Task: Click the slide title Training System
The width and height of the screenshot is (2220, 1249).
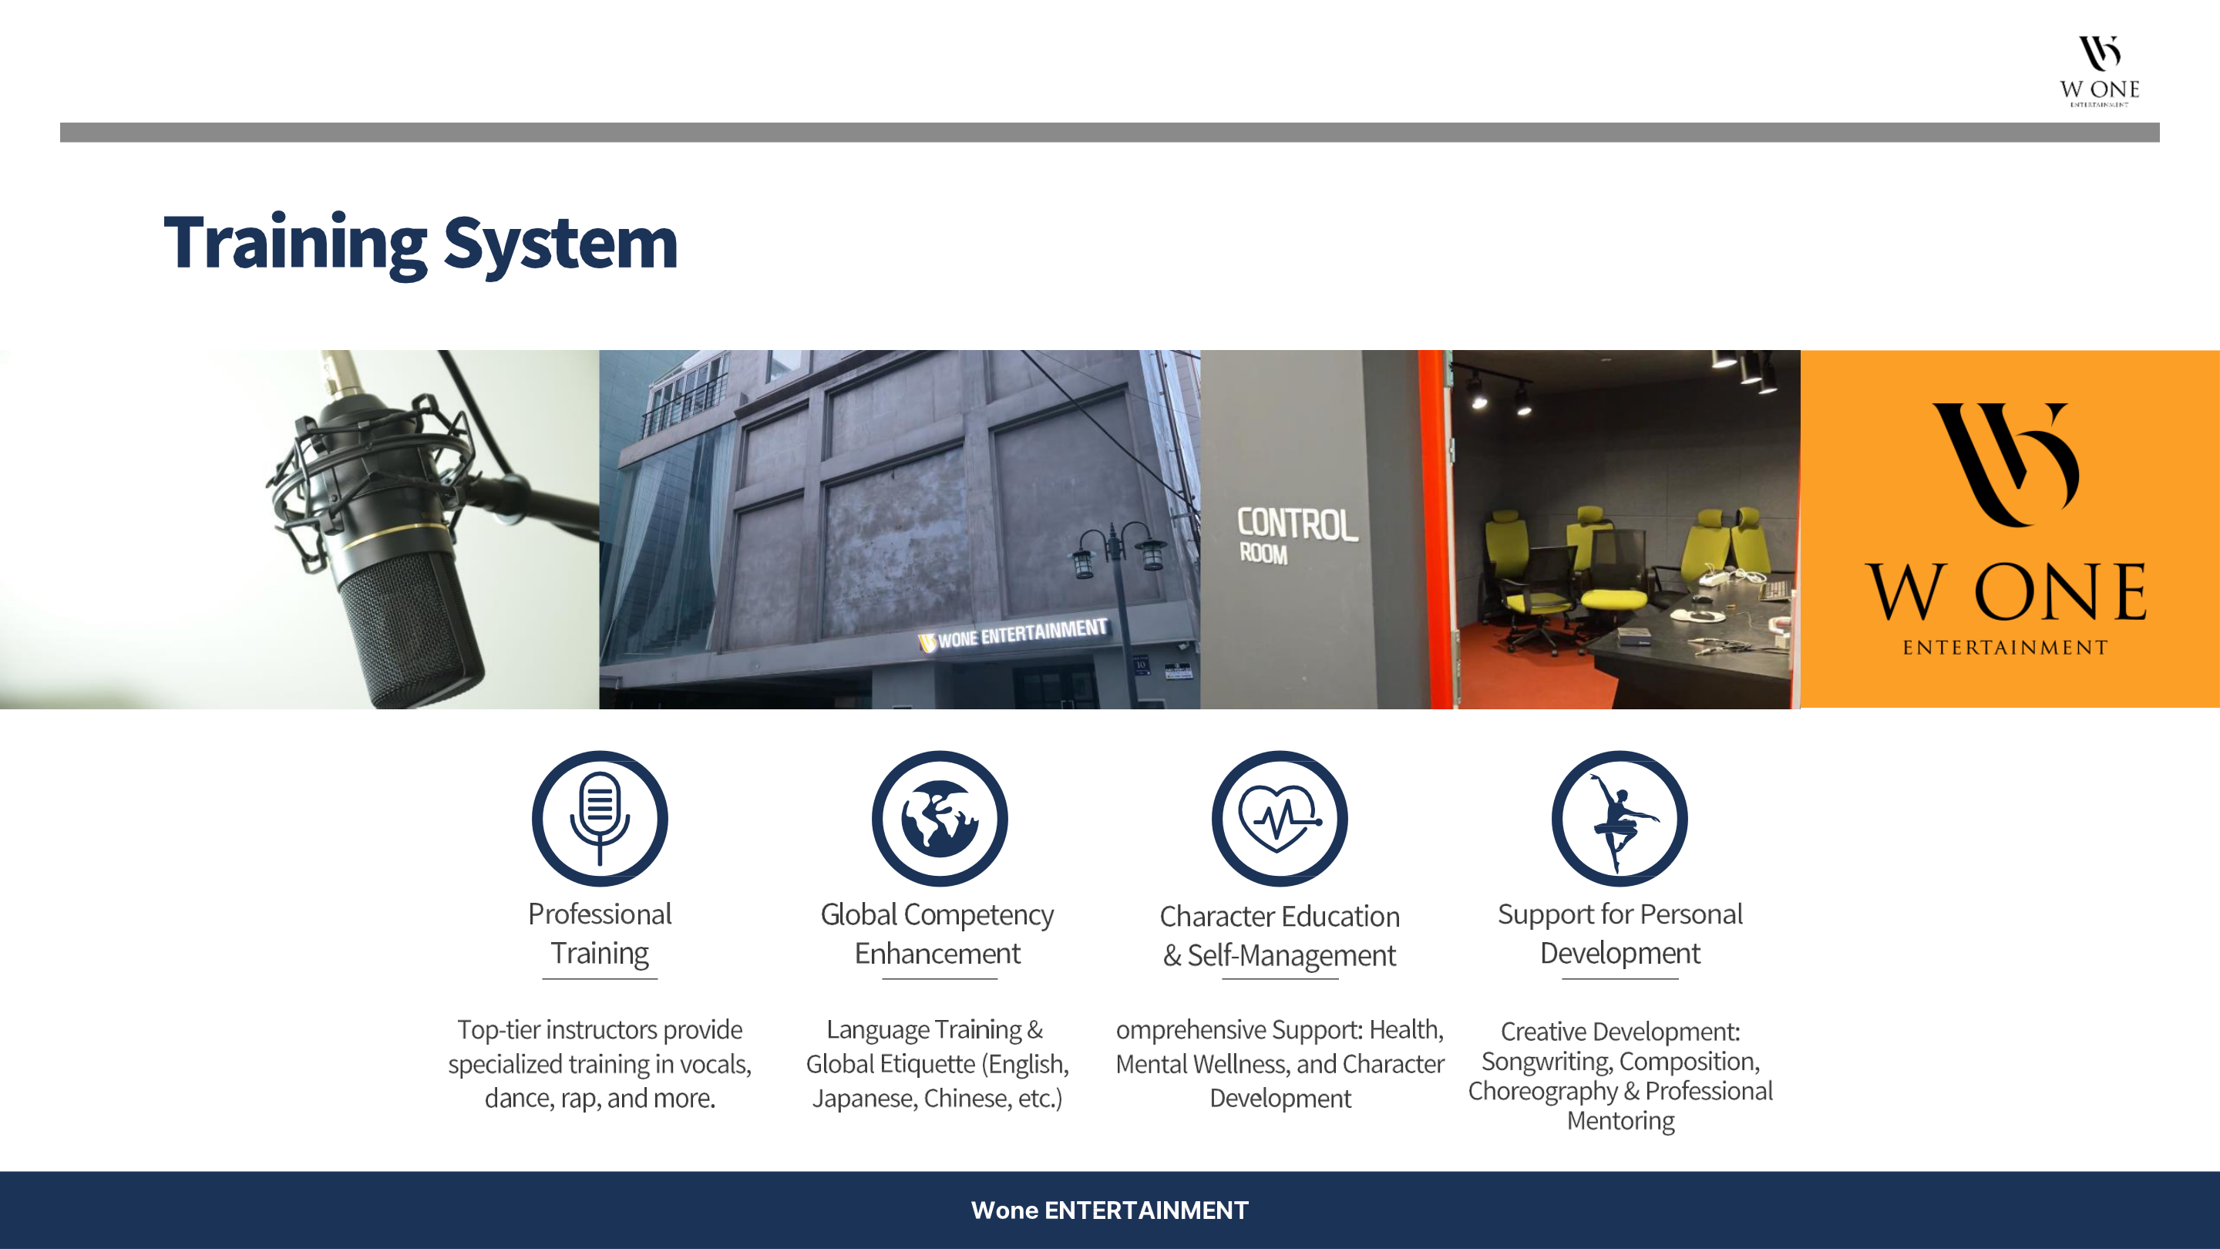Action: coord(421,244)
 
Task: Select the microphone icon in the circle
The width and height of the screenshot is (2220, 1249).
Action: coord(600,818)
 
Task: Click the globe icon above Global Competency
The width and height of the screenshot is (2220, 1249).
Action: coord(940,818)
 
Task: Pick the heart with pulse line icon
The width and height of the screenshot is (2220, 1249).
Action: coord(1280,818)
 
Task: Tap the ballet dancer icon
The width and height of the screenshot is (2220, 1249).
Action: coord(1620,818)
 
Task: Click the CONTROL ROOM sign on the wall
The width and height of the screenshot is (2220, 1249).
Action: coord(1297,534)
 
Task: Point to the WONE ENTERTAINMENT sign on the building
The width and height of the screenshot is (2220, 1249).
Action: coord(1014,635)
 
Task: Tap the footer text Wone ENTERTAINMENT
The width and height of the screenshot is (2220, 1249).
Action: coord(1110,1210)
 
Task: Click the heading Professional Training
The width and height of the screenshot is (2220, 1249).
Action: coord(600,934)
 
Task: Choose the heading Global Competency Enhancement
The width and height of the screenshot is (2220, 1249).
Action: coord(937,934)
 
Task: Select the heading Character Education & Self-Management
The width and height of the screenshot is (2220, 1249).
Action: coord(1280,935)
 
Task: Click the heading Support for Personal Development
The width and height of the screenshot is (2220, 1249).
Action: coord(1620,934)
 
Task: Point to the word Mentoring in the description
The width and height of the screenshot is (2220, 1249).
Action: coord(1620,1120)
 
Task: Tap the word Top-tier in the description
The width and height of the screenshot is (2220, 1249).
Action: coord(498,1030)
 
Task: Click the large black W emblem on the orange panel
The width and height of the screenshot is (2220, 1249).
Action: coord(2006,463)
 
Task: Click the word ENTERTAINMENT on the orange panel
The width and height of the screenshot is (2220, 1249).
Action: coord(2006,648)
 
